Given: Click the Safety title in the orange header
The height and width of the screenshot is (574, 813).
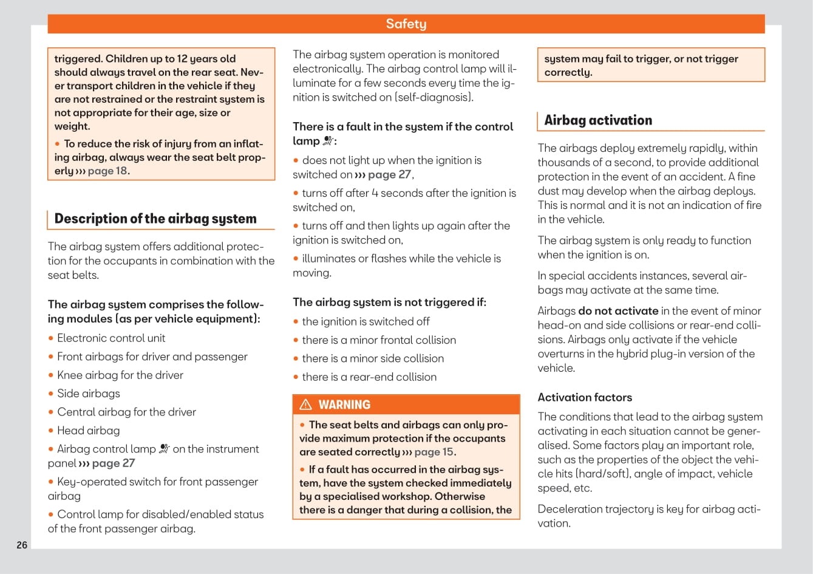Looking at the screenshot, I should point(406,24).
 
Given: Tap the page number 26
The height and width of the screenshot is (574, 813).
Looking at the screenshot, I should point(22,545).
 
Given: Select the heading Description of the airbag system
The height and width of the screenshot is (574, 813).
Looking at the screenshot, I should point(155,219).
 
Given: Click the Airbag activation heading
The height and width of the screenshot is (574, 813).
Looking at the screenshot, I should point(598,120).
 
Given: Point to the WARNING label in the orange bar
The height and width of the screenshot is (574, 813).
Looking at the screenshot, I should point(344,405).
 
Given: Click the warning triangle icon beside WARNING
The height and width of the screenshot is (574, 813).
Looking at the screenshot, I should point(306,405).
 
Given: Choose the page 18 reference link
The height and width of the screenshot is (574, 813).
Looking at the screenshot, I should point(107,171).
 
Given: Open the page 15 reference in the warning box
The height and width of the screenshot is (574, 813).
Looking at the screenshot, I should point(434,452).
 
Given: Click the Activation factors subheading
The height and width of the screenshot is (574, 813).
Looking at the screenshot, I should point(585,397).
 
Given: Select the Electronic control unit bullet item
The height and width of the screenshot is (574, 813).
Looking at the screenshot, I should point(111,338).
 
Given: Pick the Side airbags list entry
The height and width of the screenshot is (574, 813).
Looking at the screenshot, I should point(89,394).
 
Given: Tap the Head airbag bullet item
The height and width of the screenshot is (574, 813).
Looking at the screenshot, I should point(89,431).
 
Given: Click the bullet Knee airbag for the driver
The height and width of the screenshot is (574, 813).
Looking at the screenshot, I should point(120,375).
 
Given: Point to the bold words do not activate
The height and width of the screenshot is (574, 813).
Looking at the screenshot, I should point(618,311).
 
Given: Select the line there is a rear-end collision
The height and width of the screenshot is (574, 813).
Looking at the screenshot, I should point(369,377).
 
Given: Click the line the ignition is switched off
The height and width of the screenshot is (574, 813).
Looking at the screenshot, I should point(366,322).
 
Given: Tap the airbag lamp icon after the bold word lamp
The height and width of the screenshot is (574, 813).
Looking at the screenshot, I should point(328,141).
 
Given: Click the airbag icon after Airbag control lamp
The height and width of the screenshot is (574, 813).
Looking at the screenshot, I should point(165,449).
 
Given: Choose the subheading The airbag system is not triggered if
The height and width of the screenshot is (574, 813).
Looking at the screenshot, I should point(389,302).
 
